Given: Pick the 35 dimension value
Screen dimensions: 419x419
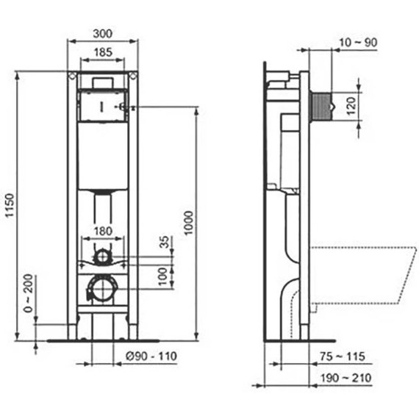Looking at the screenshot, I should pyautogui.click(x=164, y=242).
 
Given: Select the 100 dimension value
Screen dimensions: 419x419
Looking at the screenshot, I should pyautogui.click(x=164, y=276).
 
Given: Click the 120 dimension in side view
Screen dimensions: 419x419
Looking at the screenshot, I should pyautogui.click(x=351, y=107).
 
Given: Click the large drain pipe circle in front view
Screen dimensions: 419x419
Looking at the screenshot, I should pyautogui.click(x=101, y=288).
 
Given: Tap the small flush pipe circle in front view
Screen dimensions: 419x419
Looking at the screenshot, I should pyautogui.click(x=102, y=257).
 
